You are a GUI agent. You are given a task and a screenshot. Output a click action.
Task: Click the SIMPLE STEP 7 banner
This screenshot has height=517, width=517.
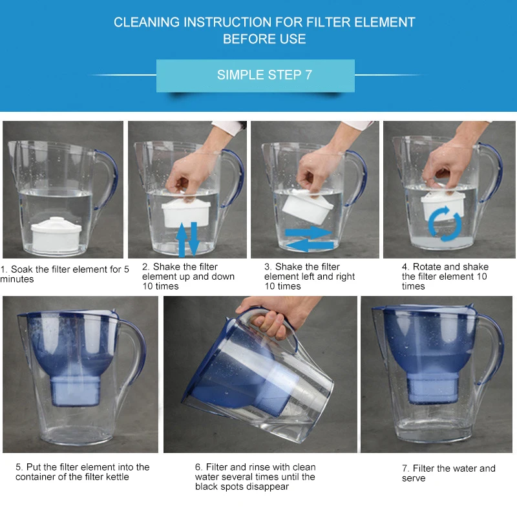tap(256, 75)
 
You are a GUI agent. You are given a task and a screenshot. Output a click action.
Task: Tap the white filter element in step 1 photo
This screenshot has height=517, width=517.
tap(56, 233)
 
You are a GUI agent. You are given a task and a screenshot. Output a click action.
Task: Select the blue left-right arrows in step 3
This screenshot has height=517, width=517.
tap(308, 238)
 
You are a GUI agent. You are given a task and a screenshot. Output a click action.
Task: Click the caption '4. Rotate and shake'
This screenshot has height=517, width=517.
tap(446, 267)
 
